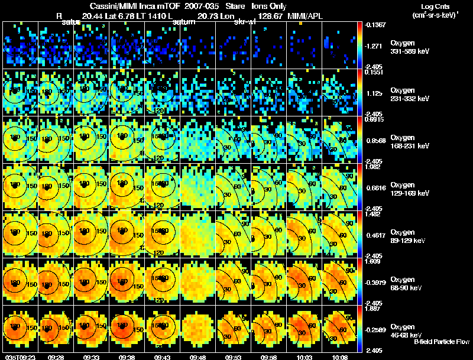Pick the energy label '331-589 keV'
tap(410, 51)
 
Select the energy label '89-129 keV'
tap(409, 241)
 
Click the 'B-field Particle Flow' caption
tap(442, 342)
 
